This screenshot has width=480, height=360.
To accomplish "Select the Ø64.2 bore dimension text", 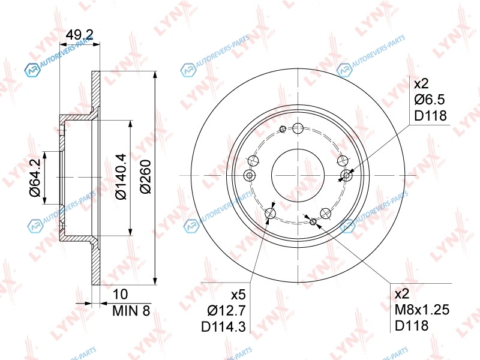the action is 35,178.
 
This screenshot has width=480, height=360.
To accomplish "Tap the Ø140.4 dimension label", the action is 121,176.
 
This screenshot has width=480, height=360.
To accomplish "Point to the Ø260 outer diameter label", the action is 145,176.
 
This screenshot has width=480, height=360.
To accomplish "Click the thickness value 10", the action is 120,294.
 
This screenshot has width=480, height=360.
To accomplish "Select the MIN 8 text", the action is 131,311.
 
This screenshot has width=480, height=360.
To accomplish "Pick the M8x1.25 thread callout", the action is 422,310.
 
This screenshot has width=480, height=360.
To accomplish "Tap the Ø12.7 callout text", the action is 226,311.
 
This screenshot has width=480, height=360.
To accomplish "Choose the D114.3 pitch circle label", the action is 223,327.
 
